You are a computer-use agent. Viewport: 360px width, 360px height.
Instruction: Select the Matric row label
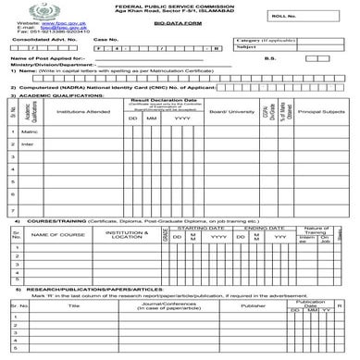28,132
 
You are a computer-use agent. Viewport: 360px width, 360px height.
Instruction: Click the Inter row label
27,144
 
